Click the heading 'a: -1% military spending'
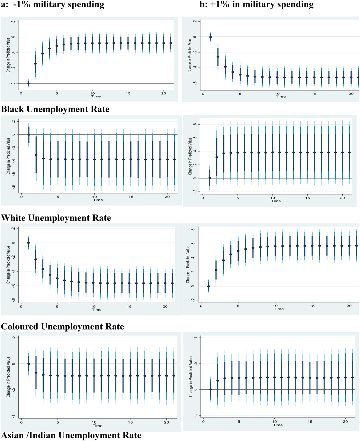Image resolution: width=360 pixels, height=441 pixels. [x=53, y=5]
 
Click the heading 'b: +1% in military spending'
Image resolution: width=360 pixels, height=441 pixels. [x=256, y=5]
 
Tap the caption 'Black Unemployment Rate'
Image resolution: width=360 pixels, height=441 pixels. [x=55, y=109]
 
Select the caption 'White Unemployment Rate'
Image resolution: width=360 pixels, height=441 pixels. [x=56, y=218]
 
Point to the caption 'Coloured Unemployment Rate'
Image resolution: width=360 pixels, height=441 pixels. [x=62, y=326]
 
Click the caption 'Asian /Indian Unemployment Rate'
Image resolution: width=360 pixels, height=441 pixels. [x=71, y=435]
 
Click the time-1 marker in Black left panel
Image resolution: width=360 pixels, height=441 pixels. [x=28, y=83]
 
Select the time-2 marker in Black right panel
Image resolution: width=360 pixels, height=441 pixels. [x=218, y=57]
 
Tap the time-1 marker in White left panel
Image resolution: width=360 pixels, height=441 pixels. [x=29, y=135]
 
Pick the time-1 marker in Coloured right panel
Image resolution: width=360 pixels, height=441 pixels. [x=208, y=286]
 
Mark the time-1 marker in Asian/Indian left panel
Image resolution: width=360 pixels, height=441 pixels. [x=29, y=364]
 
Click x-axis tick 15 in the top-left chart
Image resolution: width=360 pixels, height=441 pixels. [x=128, y=93]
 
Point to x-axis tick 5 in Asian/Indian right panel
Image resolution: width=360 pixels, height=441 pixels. [x=239, y=421]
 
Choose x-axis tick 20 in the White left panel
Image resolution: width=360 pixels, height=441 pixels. [x=167, y=197]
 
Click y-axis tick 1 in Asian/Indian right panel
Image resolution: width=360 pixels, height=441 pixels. [x=196, y=338]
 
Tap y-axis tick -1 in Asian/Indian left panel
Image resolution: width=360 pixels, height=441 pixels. [x=14, y=416]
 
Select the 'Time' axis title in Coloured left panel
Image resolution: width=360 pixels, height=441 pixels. [x=97, y=310]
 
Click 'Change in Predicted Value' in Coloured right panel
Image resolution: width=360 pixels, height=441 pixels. [x=188, y=264]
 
